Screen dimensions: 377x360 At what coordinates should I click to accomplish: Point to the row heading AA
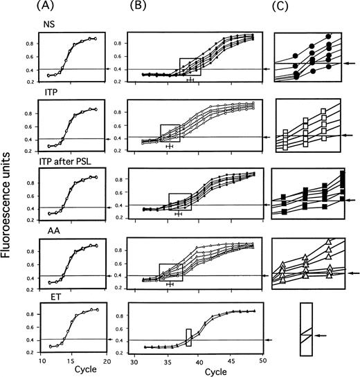(x=46, y=234)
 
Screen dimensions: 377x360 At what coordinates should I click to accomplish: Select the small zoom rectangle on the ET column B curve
(x=189, y=337)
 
